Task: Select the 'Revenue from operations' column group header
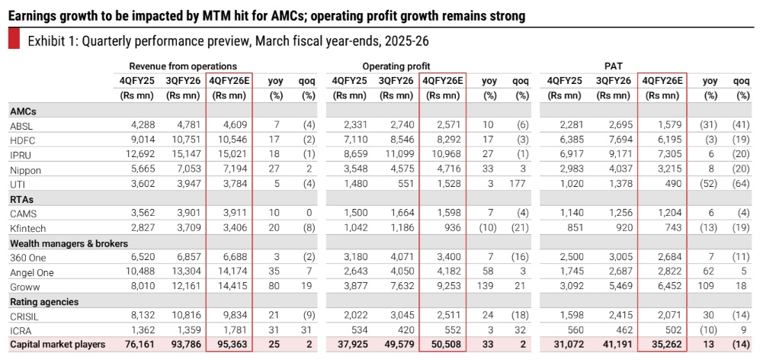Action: tap(182, 66)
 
